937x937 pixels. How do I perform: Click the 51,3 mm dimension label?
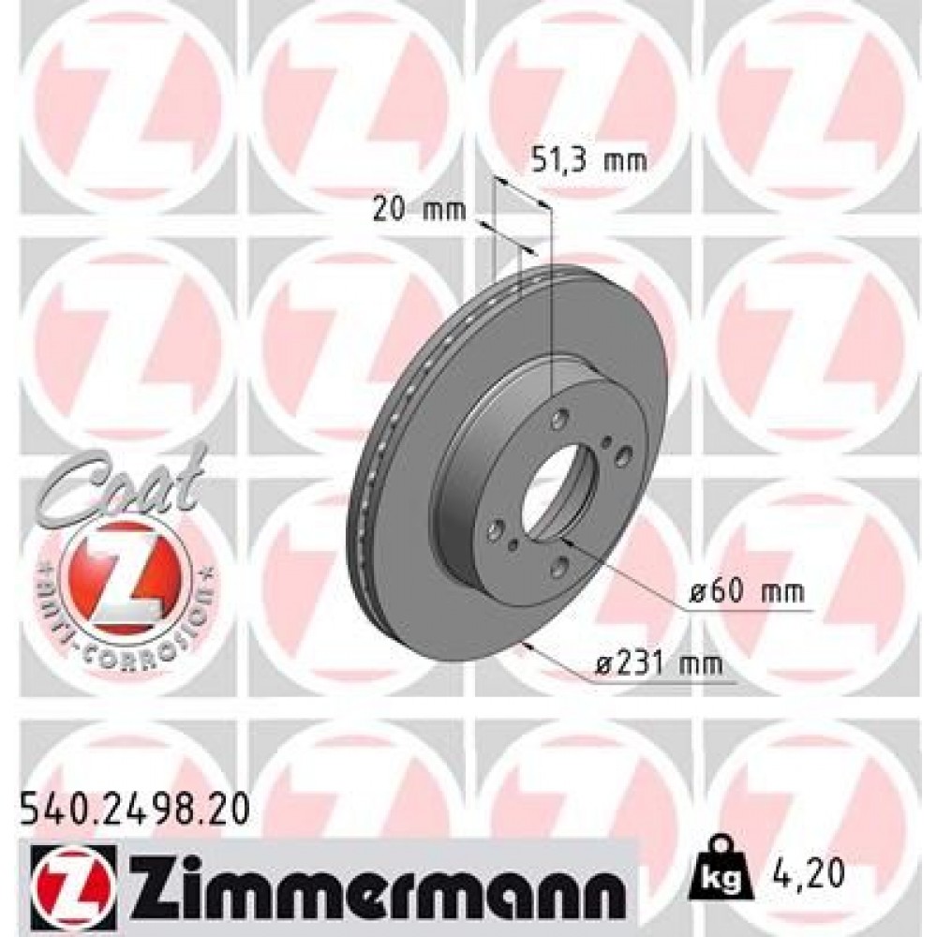pyautogui.click(x=588, y=160)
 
